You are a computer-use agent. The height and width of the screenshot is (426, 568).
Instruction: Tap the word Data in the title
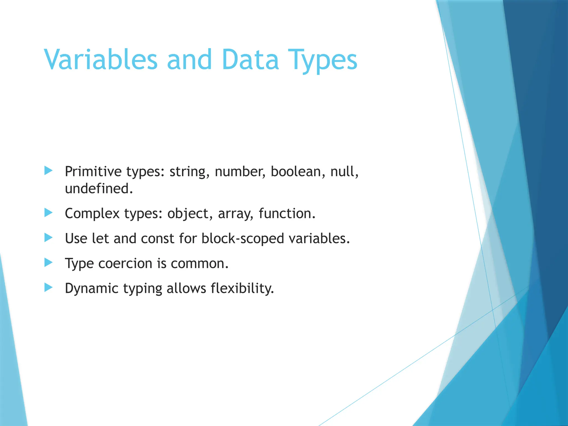click(x=250, y=59)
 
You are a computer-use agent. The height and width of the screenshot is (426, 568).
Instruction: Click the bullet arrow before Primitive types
click(x=48, y=171)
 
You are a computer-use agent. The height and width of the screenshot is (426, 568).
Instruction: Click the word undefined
click(x=99, y=189)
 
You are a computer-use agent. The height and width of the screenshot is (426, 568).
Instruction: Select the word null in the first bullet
click(x=344, y=171)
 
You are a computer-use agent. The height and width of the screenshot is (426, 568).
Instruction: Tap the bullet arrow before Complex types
click(x=48, y=213)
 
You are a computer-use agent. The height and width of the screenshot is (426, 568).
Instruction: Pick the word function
click(x=287, y=214)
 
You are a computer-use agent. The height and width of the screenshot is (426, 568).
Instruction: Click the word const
click(x=157, y=239)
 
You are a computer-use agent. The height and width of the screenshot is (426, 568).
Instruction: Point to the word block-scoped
click(x=243, y=239)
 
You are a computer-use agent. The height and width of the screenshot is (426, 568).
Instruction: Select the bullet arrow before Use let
click(x=48, y=238)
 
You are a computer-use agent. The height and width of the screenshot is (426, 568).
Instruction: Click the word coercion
click(x=125, y=263)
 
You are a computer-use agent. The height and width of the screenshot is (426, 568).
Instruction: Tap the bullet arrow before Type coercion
click(x=48, y=262)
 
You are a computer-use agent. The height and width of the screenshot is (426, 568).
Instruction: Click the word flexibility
click(x=242, y=288)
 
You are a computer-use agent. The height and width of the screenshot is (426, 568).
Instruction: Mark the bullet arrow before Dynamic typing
click(x=48, y=287)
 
